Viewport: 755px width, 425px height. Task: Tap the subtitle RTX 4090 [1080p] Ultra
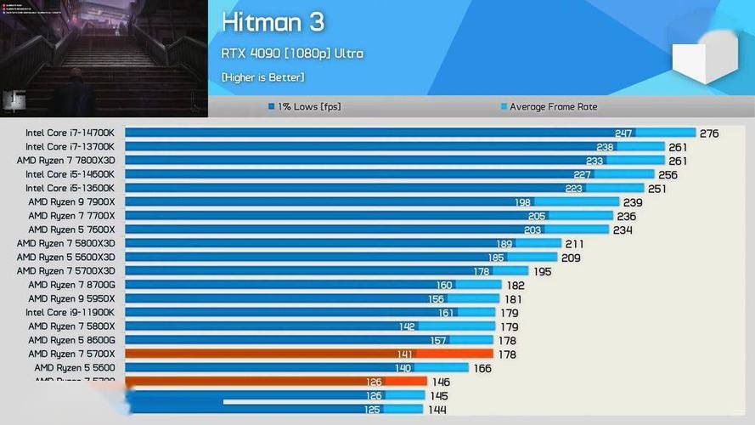[x=292, y=54]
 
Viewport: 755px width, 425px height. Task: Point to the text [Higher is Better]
[x=262, y=77]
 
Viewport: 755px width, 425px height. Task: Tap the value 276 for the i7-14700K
[x=709, y=133]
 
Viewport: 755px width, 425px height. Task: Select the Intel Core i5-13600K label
[x=70, y=188]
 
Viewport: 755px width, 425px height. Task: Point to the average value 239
[x=633, y=202]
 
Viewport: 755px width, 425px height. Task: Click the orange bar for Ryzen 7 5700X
[x=308, y=354]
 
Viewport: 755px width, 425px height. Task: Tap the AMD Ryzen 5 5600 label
[x=74, y=367]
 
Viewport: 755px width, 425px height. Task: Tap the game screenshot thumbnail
[x=104, y=58]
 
